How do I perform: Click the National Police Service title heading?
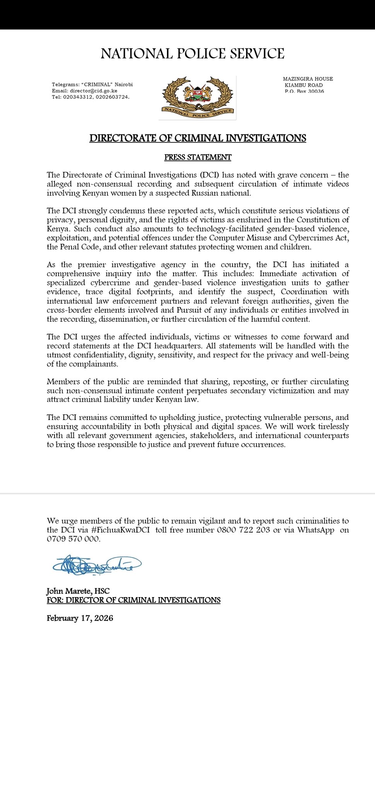193,54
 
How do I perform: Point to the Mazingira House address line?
308,79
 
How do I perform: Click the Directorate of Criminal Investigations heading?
198,138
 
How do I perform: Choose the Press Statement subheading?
198,157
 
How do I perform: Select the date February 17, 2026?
80,618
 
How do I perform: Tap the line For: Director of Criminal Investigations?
133,600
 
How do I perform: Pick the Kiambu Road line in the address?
303,85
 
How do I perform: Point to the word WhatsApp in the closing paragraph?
315,530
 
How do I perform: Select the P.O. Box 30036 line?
304,91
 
